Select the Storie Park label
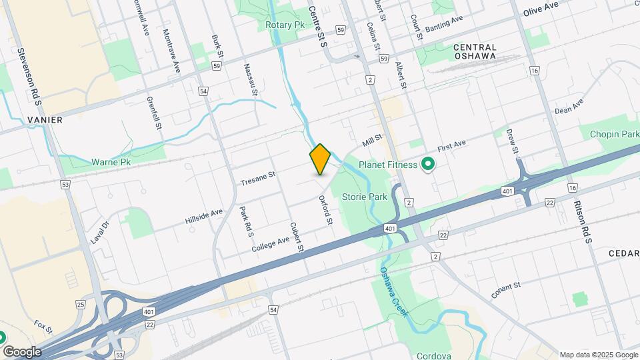(364, 197)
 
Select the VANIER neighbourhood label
(45, 120)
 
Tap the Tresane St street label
(258, 178)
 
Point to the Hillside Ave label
(204, 217)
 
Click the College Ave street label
(271, 244)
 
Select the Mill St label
(372, 141)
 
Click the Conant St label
(505, 291)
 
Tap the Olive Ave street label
(540, 9)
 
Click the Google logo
(22, 352)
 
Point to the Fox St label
(43, 327)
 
